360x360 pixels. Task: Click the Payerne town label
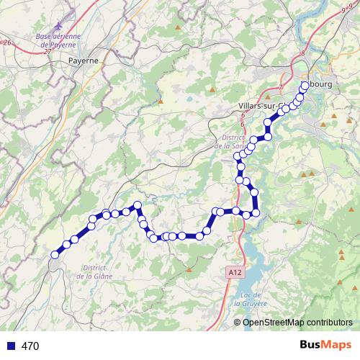(83, 61)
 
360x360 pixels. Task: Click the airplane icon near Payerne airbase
(68, 15)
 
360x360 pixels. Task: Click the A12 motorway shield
(233, 272)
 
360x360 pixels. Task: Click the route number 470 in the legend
(30, 346)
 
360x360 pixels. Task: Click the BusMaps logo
(322, 346)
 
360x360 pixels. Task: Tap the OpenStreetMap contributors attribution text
(293, 323)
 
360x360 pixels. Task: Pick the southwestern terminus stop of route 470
(55, 254)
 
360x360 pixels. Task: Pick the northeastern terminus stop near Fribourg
(305, 85)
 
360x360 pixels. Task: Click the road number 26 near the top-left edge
(7, 43)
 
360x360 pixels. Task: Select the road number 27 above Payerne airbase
(47, 53)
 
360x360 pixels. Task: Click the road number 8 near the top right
(304, 53)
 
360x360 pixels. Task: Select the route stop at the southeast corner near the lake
(255, 214)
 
